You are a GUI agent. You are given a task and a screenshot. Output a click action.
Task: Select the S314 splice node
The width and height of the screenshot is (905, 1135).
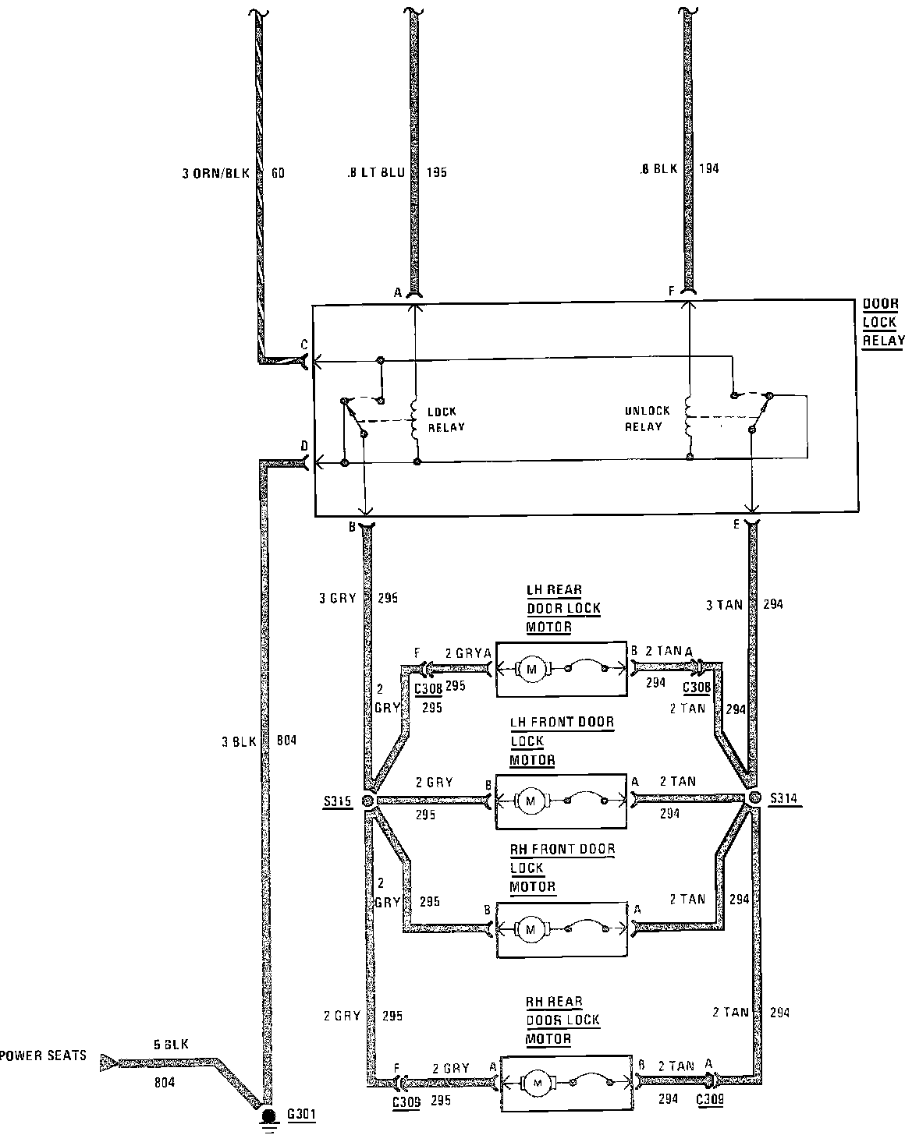(754, 798)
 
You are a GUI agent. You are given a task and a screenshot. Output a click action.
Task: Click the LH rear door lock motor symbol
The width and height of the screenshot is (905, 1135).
(533, 669)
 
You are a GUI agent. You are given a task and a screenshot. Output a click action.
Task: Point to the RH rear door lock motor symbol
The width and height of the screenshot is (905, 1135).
(535, 1082)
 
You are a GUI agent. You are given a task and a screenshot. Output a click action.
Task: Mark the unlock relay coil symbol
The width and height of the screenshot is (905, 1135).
(689, 418)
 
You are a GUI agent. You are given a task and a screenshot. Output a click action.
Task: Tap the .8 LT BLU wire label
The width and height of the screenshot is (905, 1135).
(375, 173)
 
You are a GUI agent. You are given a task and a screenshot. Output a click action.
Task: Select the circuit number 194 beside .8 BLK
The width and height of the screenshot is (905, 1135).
(709, 168)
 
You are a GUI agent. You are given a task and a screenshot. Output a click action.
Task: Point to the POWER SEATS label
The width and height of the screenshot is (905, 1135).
(43, 1058)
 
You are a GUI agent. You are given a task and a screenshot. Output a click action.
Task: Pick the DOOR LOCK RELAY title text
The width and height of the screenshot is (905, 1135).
(882, 322)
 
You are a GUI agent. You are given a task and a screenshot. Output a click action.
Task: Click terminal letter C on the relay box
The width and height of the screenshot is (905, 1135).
(304, 345)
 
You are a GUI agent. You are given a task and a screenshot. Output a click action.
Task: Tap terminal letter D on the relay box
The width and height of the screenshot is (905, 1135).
(304, 447)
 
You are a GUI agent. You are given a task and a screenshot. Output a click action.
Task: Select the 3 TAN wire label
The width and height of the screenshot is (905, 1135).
(724, 604)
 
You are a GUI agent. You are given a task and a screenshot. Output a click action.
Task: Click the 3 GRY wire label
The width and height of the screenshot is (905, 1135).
(337, 599)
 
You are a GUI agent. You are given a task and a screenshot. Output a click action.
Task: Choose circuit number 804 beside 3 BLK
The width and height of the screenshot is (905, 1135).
(287, 741)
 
